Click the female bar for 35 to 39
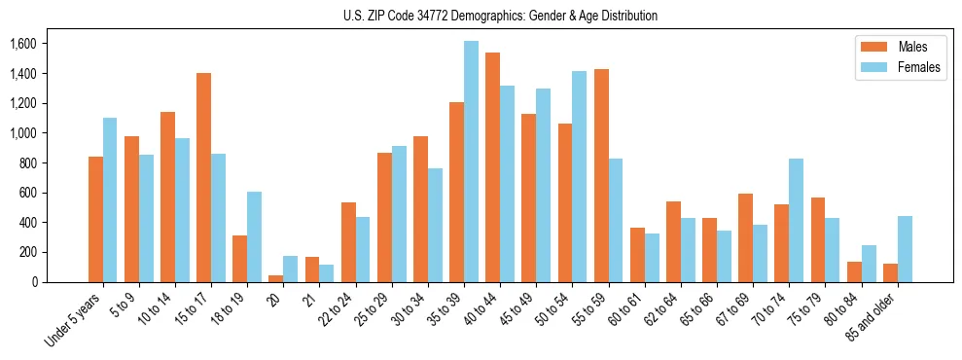(x=471, y=162)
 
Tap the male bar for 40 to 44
(x=492, y=167)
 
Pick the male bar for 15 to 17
(x=203, y=177)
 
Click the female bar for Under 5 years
(x=110, y=199)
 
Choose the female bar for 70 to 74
(x=796, y=220)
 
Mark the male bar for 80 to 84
(x=854, y=271)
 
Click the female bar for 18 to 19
(x=254, y=236)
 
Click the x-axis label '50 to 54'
(x=555, y=309)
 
